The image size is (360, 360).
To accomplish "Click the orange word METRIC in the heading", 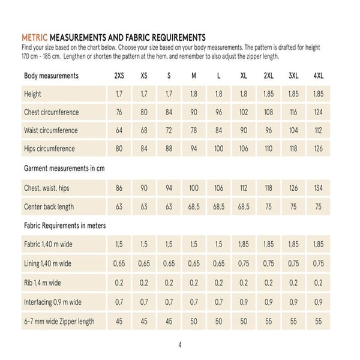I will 34,37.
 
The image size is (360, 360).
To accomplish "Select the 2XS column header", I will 119,76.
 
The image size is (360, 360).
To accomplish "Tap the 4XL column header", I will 318,76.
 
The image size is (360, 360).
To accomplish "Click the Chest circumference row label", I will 51,112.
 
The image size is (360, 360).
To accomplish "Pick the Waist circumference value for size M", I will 194,130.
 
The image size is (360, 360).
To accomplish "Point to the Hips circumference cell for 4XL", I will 318,149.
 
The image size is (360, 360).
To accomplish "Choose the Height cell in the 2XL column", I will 268,94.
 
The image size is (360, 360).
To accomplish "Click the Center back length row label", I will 49,206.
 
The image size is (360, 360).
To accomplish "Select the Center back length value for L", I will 218,206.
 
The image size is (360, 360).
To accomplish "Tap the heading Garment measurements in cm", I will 64,169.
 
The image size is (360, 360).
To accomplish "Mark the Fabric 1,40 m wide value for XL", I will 244,245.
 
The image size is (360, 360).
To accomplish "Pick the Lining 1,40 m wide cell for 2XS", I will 119,263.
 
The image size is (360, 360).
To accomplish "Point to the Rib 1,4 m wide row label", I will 43,282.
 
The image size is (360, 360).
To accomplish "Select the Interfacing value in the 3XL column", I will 293,302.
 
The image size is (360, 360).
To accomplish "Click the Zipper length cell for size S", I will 169,321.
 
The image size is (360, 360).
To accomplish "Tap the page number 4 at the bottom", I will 180,344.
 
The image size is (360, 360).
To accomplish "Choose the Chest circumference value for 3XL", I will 293,112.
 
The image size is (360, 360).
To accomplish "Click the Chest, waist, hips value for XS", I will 144,188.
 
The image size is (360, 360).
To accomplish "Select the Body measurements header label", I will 51,76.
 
